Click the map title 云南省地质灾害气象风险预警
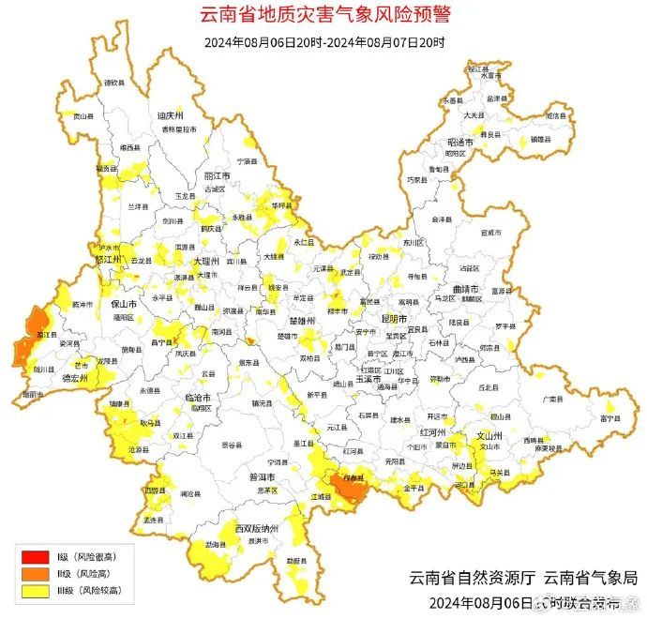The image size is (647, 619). pyautogui.click(x=323, y=15)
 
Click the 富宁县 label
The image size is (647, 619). pyautogui.click(x=612, y=419)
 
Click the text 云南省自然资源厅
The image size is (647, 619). pyautogui.click(x=466, y=578)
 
